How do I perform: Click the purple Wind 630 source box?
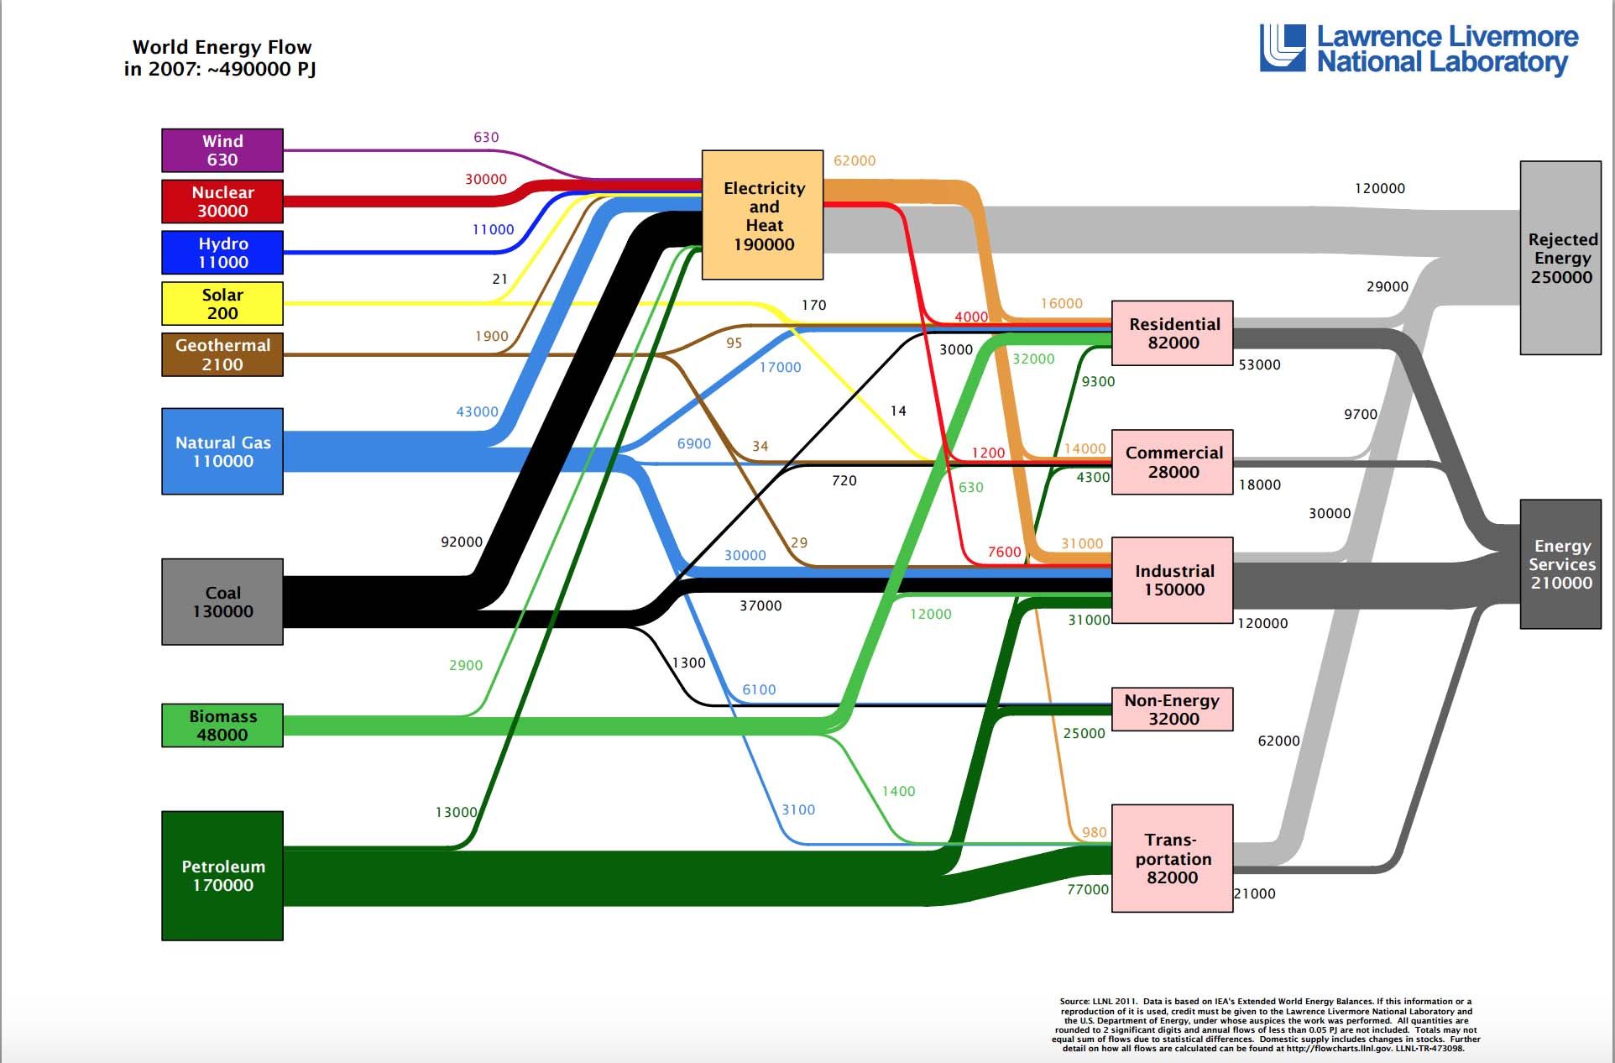pyautogui.click(x=222, y=150)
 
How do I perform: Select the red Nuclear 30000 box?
pyautogui.click(x=222, y=202)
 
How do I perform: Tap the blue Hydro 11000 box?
pyautogui.click(x=222, y=253)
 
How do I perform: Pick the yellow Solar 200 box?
pyautogui.click(x=222, y=304)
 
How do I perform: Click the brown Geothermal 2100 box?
pyautogui.click(x=222, y=354)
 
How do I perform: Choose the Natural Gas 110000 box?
pyautogui.click(x=222, y=452)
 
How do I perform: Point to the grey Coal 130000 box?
pyautogui.click(x=222, y=602)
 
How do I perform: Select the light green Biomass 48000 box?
pyautogui.click(x=222, y=725)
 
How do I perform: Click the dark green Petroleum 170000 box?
pyautogui.click(x=222, y=876)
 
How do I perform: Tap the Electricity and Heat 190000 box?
pyautogui.click(x=763, y=215)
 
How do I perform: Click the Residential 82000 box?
pyautogui.click(x=1173, y=333)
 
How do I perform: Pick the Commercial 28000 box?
pyautogui.click(x=1173, y=462)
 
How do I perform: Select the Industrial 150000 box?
pyautogui.click(x=1173, y=580)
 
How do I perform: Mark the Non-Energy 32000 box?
pyautogui.click(x=1173, y=710)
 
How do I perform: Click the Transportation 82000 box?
pyautogui.click(x=1173, y=858)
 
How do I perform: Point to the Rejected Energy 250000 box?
pyautogui.click(x=1560, y=258)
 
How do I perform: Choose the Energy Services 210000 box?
pyautogui.click(x=1560, y=564)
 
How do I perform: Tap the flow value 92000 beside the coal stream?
pyautogui.click(x=462, y=542)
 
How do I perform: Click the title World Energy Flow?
pyautogui.click(x=222, y=47)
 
